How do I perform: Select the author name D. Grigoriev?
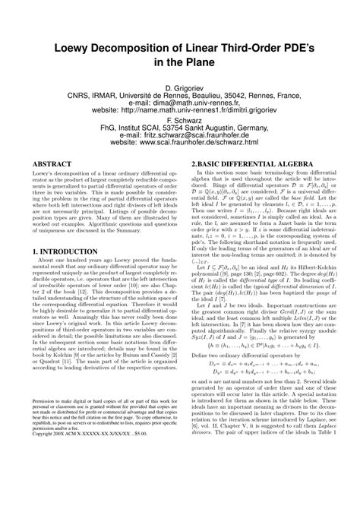(x=180, y=89)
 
